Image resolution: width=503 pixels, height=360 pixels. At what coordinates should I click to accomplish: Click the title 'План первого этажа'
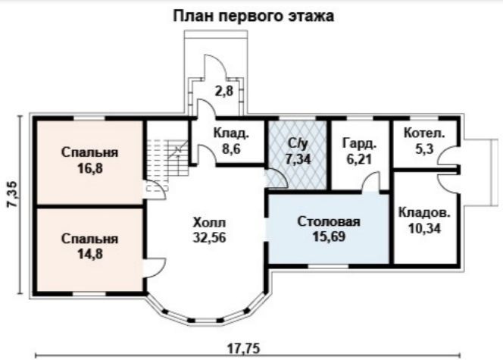(x=254, y=16)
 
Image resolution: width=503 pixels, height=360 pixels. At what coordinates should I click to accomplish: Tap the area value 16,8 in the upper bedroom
(x=90, y=167)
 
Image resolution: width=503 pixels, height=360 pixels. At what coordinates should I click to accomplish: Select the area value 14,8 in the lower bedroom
(x=90, y=254)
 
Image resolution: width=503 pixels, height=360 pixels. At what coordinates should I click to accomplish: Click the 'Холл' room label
(x=210, y=222)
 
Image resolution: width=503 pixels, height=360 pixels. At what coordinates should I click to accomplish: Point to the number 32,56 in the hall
(x=210, y=237)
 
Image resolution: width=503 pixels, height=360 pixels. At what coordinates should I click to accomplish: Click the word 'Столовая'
(x=329, y=221)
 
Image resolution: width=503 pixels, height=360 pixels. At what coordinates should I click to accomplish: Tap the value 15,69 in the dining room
(x=329, y=236)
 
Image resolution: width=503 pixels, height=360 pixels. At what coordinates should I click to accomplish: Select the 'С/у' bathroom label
(x=298, y=143)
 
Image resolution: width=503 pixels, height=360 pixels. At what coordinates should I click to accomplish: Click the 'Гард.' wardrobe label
(x=359, y=143)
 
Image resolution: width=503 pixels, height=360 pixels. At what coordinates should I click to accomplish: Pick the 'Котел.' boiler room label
(x=424, y=133)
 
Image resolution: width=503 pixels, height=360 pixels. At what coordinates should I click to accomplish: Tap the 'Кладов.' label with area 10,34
(x=424, y=213)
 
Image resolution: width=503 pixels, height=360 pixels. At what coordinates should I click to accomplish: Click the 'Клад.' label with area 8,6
(x=231, y=133)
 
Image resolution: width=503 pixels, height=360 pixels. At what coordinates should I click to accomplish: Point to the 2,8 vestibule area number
(x=224, y=92)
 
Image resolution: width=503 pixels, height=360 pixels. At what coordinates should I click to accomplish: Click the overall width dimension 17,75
(x=243, y=348)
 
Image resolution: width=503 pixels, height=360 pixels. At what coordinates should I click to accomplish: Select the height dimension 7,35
(x=13, y=195)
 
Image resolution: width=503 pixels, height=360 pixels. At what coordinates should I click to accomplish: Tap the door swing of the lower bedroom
(x=155, y=268)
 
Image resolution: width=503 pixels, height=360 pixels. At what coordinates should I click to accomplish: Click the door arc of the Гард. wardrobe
(x=371, y=182)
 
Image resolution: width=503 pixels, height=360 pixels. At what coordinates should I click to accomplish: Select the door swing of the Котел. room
(x=448, y=155)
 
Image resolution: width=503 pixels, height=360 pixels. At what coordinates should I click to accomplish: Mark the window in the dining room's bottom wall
(x=329, y=266)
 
